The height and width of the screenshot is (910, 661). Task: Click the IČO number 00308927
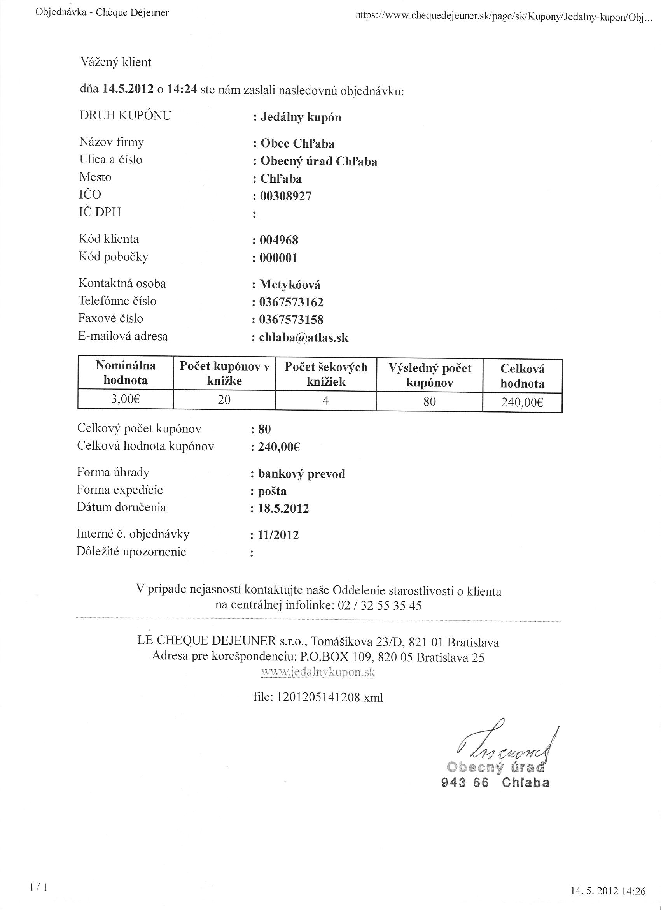tap(286, 196)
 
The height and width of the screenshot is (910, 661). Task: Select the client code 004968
tap(279, 240)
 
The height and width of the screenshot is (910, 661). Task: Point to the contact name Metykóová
tap(290, 285)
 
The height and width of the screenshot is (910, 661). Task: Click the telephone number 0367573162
tap(291, 302)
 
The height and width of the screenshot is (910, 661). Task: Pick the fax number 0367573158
tap(291, 320)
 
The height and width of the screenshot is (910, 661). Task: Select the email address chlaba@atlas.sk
tap(304, 338)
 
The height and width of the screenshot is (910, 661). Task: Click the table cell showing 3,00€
tap(126, 400)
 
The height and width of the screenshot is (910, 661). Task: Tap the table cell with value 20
tap(224, 400)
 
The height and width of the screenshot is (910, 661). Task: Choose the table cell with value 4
tap(325, 401)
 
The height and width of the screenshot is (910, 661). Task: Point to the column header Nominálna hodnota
tap(126, 373)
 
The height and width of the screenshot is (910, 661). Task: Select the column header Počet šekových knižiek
tap(326, 374)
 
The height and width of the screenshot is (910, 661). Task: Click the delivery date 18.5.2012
tap(283, 509)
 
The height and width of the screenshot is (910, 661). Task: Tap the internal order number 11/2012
tap(278, 535)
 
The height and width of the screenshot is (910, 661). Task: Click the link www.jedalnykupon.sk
tap(318, 673)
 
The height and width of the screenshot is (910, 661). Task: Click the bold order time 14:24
tap(182, 89)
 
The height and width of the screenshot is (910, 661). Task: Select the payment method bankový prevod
tap(301, 474)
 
